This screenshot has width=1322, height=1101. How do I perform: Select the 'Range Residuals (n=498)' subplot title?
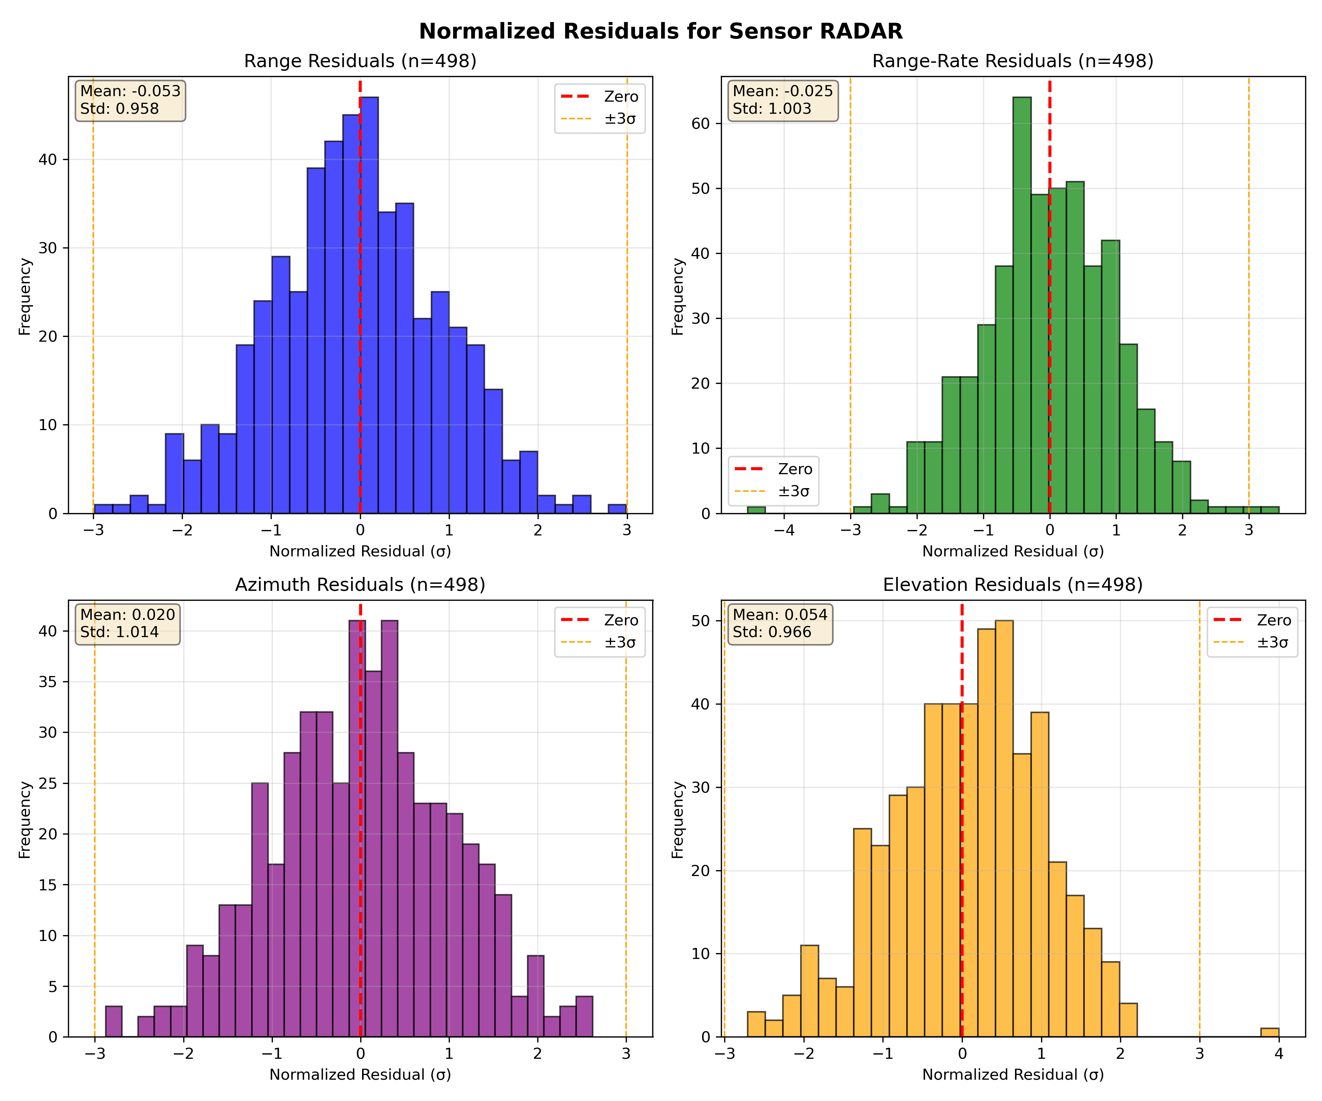click(360, 61)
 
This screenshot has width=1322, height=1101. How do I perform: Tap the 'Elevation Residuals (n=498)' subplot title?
click(1012, 585)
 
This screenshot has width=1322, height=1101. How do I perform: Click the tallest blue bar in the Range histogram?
click(369, 305)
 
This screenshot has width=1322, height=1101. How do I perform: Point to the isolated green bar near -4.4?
click(756, 510)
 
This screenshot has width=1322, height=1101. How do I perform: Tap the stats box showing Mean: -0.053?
click(130, 100)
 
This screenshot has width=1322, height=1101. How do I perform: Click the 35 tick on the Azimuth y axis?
click(48, 682)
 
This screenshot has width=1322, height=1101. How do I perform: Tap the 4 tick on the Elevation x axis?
click(1279, 1053)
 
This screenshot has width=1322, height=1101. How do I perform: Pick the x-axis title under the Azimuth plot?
click(360, 1075)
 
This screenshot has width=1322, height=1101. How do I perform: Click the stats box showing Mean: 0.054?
click(780, 624)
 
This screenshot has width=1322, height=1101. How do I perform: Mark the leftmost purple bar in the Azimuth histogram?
click(113, 1021)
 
